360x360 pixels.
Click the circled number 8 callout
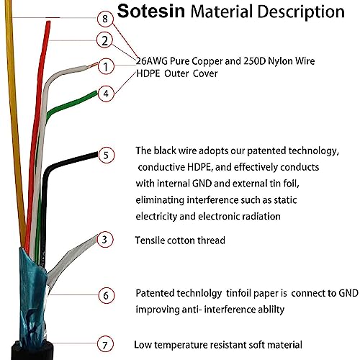coord(105,19)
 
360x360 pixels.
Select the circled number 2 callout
coord(104,40)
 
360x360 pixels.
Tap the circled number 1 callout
coord(106,67)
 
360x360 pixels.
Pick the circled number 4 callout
coord(106,94)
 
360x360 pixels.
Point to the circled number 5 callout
coord(107,156)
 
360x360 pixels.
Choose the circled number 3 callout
coord(104,240)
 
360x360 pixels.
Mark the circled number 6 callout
coord(106,295)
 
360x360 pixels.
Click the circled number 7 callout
coord(105,345)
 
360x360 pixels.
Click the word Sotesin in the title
coord(151,11)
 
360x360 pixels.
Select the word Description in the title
coord(301,12)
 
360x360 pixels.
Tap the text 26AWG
coord(152,61)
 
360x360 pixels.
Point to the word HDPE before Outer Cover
coord(148,73)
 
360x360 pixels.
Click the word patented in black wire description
coord(266,151)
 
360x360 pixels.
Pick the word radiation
coord(261,216)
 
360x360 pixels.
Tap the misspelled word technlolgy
coord(199,294)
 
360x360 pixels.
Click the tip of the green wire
coord(96,93)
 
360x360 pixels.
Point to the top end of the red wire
coord(48,22)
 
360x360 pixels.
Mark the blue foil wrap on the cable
coord(32,295)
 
